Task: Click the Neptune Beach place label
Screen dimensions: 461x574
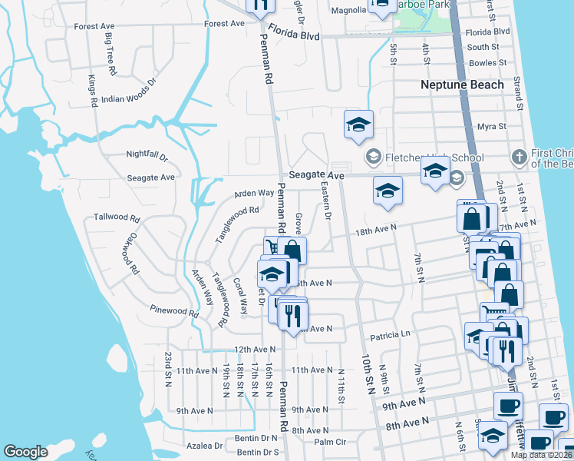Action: pos(462,85)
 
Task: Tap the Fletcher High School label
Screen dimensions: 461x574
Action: pos(434,158)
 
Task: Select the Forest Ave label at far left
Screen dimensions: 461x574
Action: pos(94,26)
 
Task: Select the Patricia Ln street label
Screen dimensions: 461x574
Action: pos(391,335)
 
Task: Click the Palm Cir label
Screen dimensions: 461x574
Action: pos(331,442)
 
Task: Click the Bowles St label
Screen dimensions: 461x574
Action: pos(483,61)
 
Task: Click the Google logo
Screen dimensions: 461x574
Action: pos(25,452)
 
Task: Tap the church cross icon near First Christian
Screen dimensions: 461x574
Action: pos(519,156)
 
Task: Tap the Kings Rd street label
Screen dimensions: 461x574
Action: pos(92,91)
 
